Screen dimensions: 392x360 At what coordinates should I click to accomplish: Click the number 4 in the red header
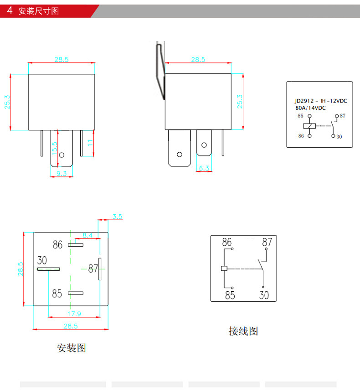coord(9,10)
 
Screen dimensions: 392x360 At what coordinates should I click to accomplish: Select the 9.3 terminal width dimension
coord(61,173)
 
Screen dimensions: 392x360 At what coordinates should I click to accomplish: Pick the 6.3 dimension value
coord(204,169)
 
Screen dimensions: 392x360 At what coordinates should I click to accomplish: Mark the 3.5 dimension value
coord(118,217)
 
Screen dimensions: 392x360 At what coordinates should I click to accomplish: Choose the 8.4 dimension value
coord(87,235)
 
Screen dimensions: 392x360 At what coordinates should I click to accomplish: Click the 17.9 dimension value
coord(74,313)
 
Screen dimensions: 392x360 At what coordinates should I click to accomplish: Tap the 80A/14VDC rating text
coord(311,108)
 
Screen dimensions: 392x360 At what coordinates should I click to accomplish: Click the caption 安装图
coord(71,348)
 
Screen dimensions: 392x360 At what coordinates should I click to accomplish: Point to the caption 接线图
coord(243,331)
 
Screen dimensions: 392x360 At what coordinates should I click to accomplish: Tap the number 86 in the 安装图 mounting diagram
coord(57,245)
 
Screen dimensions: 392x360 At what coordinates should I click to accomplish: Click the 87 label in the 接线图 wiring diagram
coord(267,242)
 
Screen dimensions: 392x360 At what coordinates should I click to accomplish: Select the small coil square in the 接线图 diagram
coord(224,268)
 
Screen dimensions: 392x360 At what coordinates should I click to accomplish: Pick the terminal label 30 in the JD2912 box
coord(339,136)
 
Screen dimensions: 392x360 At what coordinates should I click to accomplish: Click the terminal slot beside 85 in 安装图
coord(76,293)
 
